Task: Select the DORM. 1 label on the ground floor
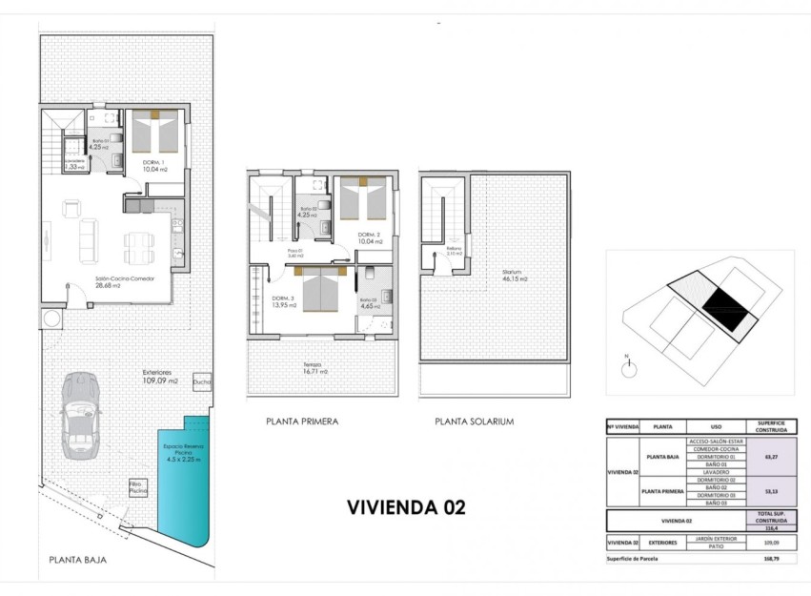click(x=153, y=165)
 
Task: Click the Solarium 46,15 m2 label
click(x=516, y=277)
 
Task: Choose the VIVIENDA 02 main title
click(x=406, y=507)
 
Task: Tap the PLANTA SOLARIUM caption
click(x=474, y=421)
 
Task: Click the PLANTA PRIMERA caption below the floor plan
click(x=302, y=421)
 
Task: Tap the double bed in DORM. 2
click(x=362, y=200)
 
